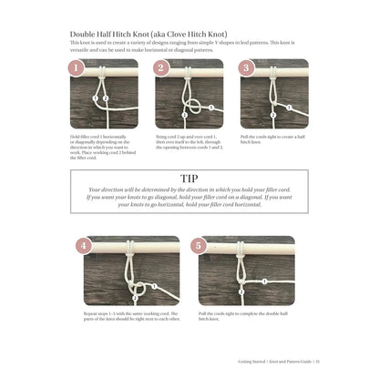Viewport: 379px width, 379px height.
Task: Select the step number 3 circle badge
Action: click(x=244, y=67)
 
